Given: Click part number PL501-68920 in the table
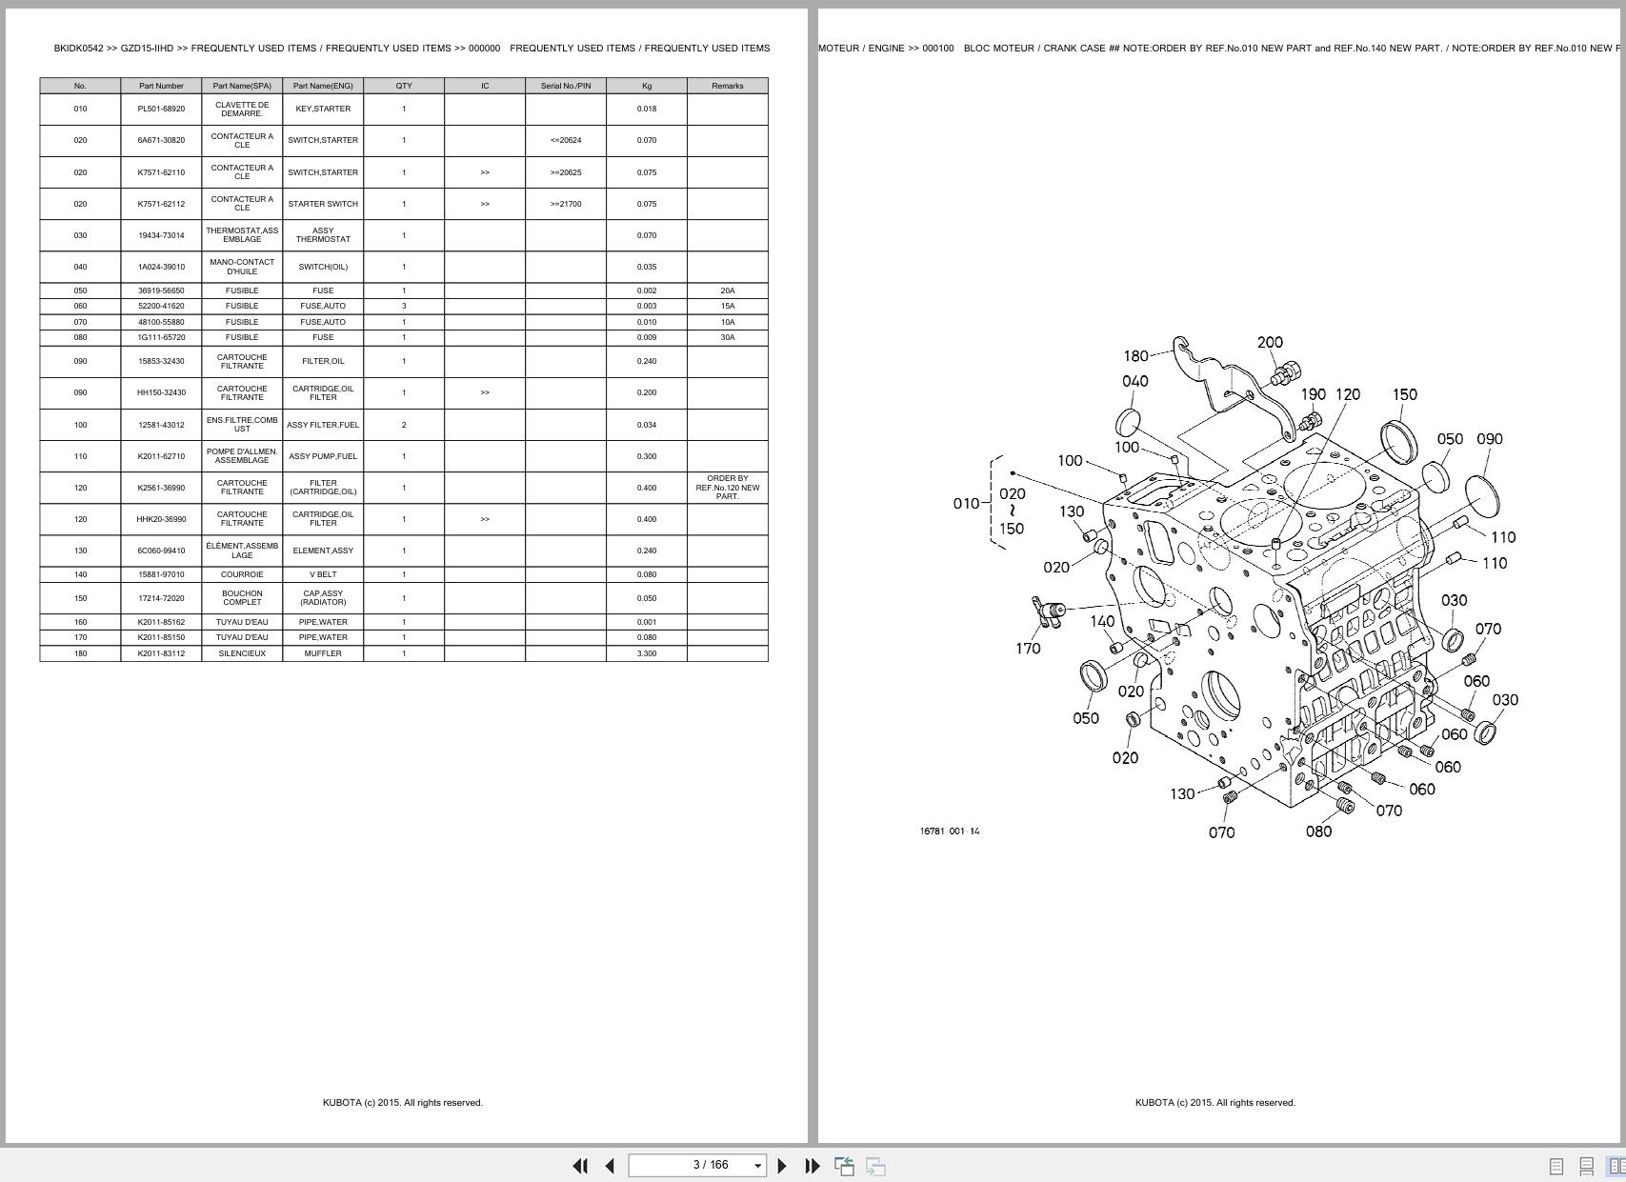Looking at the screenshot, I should [161, 109].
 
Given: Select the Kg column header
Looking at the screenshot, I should [646, 86].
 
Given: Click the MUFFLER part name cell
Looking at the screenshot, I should [323, 653].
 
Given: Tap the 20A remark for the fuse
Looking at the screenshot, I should [727, 290].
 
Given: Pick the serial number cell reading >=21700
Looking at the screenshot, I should [565, 204].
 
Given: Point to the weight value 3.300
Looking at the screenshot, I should [646, 653].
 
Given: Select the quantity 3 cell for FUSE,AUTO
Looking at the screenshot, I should [404, 306].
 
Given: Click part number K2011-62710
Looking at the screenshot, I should [161, 456].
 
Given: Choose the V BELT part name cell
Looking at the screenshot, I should [323, 574].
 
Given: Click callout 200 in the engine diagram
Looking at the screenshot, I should [1270, 342].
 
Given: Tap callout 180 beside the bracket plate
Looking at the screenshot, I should [1135, 356].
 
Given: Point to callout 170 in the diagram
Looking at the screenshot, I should [1028, 649].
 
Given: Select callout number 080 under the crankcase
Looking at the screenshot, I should [1318, 831].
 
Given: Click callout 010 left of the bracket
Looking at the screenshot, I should [966, 503].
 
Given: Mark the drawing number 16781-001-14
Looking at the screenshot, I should [950, 831].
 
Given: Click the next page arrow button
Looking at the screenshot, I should [782, 1166].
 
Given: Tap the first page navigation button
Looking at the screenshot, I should [579, 1166].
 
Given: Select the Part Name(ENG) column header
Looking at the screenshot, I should [323, 86].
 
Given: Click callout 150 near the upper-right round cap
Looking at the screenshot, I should [1404, 394].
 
